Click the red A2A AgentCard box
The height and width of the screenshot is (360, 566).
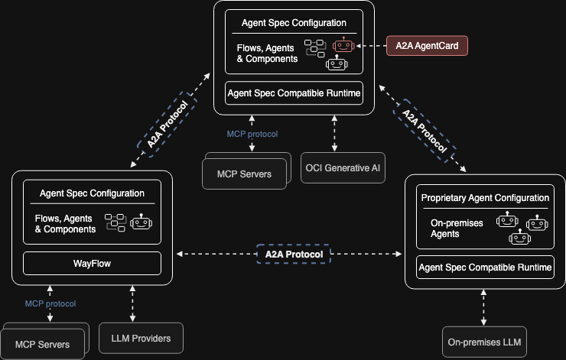point(426,46)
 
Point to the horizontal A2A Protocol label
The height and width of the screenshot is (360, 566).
point(294,254)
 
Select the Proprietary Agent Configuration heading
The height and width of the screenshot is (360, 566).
point(485,198)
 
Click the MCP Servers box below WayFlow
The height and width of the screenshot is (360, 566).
point(44,345)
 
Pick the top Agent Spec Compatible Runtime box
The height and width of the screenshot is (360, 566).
point(294,93)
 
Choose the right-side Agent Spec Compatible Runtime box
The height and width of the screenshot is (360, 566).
point(485,268)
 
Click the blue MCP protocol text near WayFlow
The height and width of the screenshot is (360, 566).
point(50,303)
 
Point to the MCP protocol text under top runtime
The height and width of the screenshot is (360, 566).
point(252,134)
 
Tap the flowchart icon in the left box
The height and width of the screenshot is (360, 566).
point(115,222)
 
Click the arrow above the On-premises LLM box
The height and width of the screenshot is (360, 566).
point(485,307)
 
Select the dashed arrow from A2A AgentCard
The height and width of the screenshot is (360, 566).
point(371,46)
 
